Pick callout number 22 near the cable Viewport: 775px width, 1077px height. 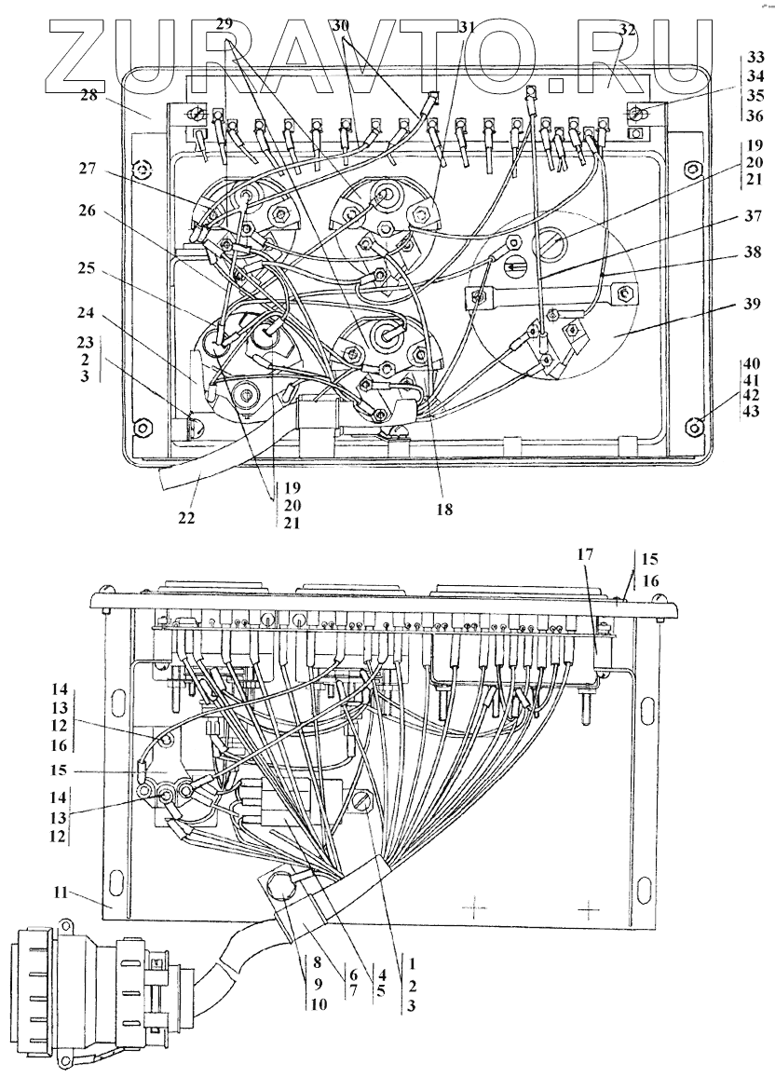tap(187, 517)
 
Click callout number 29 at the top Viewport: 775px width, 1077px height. tap(224, 25)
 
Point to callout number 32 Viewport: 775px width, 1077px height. tap(627, 29)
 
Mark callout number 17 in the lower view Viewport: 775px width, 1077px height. tap(584, 553)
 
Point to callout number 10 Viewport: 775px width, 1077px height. tap(319, 1004)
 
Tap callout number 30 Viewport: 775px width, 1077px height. tap(343, 26)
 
